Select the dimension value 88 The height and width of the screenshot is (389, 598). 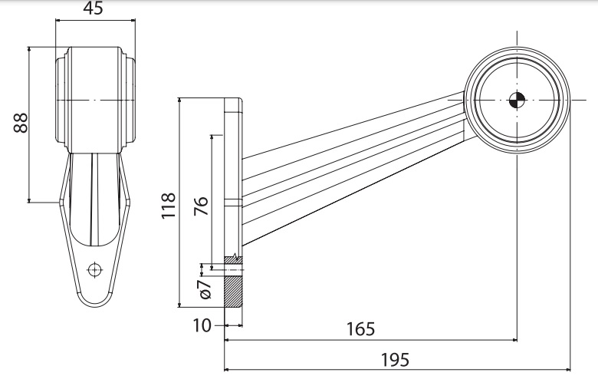tap(21, 123)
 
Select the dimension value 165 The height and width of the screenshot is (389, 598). tap(360, 329)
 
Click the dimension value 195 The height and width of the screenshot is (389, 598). tap(395, 358)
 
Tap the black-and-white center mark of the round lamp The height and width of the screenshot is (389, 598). tap(517, 99)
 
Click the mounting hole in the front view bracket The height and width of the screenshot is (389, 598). tap(94, 269)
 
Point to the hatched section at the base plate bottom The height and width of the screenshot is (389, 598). tap(233, 292)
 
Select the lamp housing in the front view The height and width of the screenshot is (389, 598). tap(94, 100)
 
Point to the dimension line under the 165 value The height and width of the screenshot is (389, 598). tap(368, 340)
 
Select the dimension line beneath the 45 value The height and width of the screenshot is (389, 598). tap(94, 21)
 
